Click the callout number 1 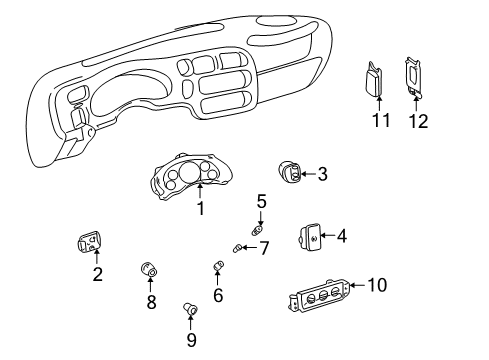point(200,208)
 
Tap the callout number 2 point(97,275)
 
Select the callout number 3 point(322,174)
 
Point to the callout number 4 point(341,237)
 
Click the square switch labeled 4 point(308,238)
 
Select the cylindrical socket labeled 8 point(150,268)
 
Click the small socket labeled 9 point(188,311)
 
